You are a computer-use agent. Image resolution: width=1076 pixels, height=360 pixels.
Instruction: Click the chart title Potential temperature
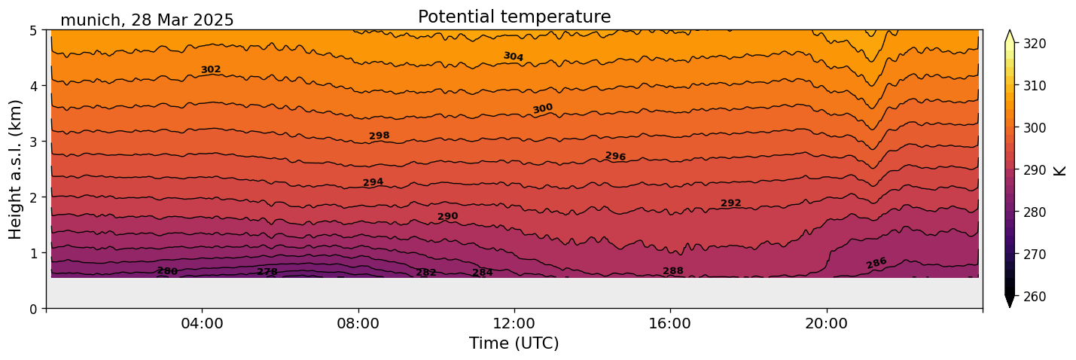[514, 17]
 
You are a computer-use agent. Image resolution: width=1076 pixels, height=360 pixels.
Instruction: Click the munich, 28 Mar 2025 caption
[147, 20]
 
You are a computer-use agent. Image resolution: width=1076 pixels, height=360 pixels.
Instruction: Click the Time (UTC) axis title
[514, 343]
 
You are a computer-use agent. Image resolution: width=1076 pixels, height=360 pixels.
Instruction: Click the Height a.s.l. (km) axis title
[16, 169]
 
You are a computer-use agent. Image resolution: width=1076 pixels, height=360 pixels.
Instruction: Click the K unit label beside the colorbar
[1060, 170]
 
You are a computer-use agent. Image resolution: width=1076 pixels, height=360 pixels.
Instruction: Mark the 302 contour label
[211, 70]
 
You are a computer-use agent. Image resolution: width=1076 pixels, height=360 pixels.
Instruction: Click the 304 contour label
[514, 56]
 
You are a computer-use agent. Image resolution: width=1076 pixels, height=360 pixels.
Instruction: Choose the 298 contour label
[379, 136]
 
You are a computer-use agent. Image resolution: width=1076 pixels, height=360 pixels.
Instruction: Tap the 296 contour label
[615, 157]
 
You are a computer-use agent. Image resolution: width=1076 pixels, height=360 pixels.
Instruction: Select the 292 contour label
[731, 203]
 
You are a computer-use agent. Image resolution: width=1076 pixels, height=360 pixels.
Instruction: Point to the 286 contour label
[876, 263]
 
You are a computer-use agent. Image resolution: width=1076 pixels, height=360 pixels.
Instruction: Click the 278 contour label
[267, 272]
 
